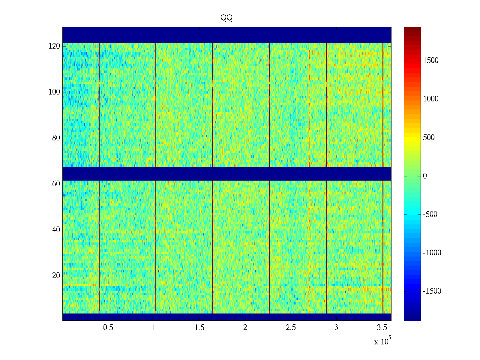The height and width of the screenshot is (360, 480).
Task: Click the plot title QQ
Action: [226, 18]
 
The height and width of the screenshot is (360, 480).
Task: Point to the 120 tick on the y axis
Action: [54, 46]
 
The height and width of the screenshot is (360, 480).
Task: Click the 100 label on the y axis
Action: [54, 92]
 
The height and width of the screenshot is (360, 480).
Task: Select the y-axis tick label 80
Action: [56, 138]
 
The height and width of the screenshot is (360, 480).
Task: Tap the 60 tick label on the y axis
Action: [56, 184]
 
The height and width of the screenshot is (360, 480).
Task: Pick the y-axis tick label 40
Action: [56, 230]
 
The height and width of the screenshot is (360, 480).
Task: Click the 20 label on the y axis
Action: [56, 276]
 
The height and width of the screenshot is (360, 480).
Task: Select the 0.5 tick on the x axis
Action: [108, 328]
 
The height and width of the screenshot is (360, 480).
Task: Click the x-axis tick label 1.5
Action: [199, 328]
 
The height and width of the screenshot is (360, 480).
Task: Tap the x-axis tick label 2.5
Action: [291, 328]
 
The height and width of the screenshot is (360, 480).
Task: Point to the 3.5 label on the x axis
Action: [382, 328]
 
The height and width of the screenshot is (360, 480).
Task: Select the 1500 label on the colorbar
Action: [431, 61]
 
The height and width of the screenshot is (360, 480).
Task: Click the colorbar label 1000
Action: [431, 99]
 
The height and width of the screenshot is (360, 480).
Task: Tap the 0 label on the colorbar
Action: [425, 176]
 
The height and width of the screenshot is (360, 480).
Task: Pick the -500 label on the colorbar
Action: [430, 214]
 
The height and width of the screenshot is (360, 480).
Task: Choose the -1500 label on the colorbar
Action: [432, 291]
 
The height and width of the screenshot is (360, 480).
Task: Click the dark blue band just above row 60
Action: [226, 174]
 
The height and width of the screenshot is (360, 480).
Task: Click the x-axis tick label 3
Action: [336, 328]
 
